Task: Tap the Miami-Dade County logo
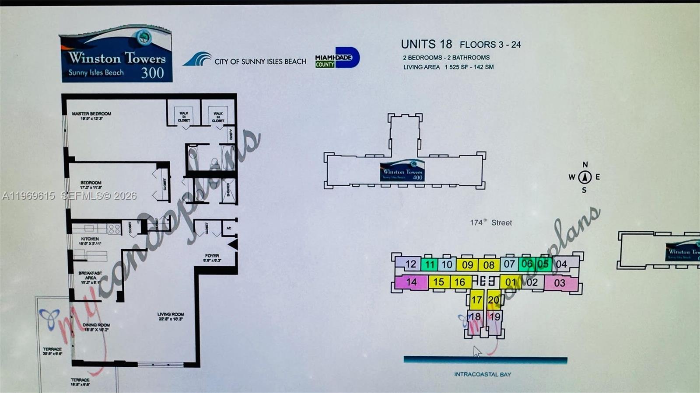tap(337, 58)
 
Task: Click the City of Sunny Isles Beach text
tap(260, 62)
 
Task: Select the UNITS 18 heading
tap(426, 45)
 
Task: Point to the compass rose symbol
tap(584, 177)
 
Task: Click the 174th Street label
tap(490, 223)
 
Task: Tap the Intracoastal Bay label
tap(482, 374)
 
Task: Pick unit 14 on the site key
tap(411, 282)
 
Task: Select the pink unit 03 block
tap(560, 283)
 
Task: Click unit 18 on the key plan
tap(475, 317)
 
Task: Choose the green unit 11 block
tap(430, 264)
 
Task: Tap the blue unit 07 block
tap(509, 264)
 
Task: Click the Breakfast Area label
tap(90, 275)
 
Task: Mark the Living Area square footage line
tap(448, 67)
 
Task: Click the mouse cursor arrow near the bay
tap(477, 351)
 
